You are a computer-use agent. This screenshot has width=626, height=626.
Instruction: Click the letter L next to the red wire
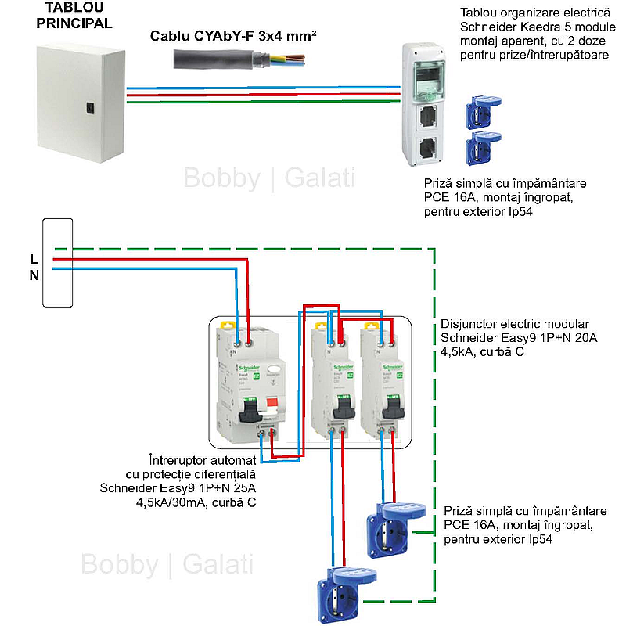33,259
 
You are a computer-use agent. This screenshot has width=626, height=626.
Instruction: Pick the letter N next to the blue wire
33,275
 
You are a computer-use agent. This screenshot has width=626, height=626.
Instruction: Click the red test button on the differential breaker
273,405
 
